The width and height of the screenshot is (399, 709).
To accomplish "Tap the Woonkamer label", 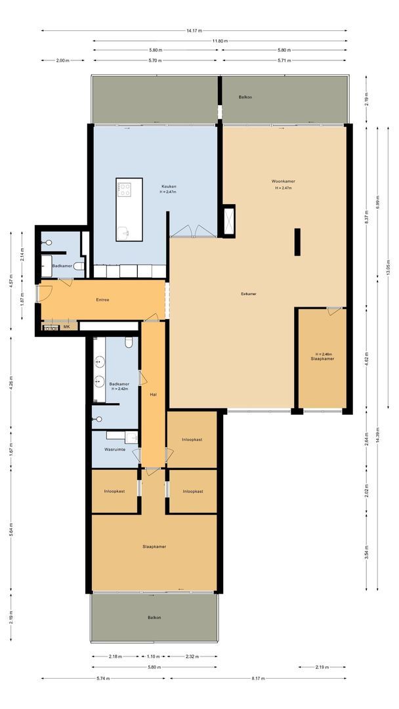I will click(x=283, y=181).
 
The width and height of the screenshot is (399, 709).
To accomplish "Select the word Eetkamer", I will click(x=248, y=294).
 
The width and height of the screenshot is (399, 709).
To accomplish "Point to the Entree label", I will click(x=102, y=300).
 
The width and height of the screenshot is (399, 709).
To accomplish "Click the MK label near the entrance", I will click(x=66, y=326).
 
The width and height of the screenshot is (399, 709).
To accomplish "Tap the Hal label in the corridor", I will click(x=153, y=395).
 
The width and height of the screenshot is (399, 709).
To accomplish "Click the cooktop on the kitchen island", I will click(x=124, y=190).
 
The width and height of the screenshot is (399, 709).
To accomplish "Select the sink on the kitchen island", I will click(x=125, y=230).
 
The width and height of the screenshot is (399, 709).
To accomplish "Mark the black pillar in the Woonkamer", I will click(x=297, y=242).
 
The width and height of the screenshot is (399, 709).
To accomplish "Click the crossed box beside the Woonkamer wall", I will click(x=229, y=220).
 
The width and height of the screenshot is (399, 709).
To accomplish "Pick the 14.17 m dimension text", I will click(x=194, y=30).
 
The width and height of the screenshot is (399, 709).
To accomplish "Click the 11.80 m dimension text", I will click(x=220, y=41).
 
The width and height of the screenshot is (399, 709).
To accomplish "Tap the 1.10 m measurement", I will click(x=153, y=656).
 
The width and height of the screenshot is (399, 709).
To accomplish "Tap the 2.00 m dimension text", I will click(x=62, y=60).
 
